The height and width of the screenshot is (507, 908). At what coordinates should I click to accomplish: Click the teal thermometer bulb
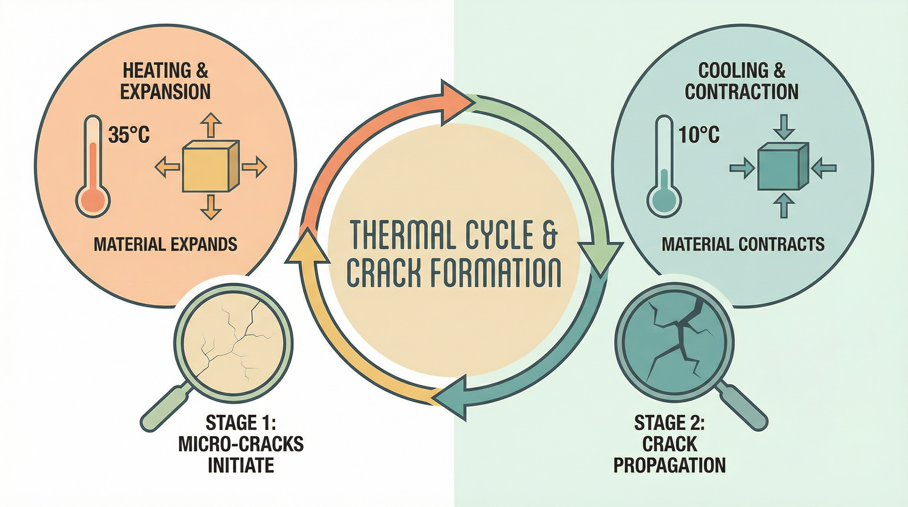tap(665, 200)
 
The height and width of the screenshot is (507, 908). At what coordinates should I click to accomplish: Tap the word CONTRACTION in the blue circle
tap(742, 91)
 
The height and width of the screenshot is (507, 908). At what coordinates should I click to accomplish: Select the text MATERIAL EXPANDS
tap(165, 244)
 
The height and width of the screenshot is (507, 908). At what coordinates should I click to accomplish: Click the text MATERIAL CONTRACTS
tap(743, 244)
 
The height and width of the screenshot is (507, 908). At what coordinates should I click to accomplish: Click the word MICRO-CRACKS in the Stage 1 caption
tap(241, 444)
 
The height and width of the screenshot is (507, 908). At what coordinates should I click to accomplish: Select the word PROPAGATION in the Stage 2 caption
tap(669, 465)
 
